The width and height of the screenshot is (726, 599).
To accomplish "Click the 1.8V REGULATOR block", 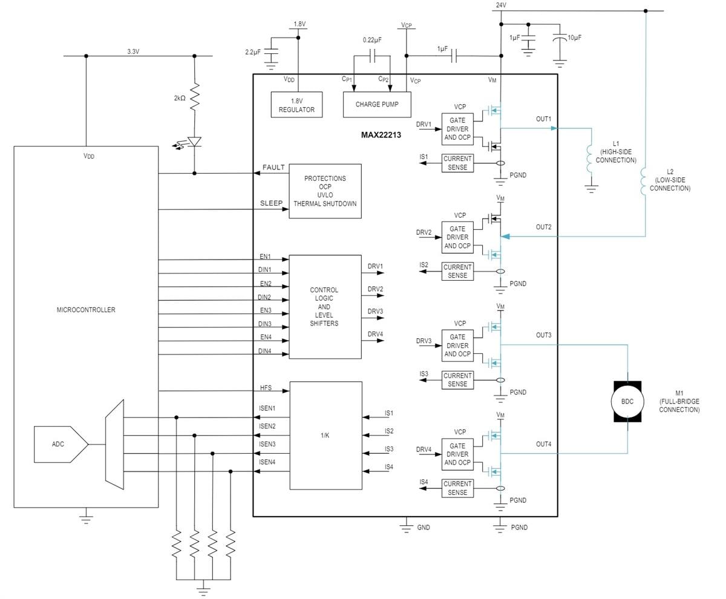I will (x=296, y=105).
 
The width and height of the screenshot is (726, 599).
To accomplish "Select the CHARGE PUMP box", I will (x=376, y=105).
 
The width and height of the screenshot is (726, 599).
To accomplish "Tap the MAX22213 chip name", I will (x=381, y=135).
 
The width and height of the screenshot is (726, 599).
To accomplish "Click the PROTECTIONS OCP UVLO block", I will (x=325, y=191).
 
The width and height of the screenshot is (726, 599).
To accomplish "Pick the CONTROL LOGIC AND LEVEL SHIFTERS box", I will (x=325, y=307).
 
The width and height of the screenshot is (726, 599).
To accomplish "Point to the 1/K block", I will (x=325, y=435).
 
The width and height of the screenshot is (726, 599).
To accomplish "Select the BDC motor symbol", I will (x=627, y=402).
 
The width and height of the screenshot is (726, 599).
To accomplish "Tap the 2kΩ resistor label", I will (x=179, y=98).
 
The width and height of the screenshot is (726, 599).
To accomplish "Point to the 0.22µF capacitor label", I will (x=372, y=40).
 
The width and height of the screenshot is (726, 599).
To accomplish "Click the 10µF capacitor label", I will (x=574, y=38).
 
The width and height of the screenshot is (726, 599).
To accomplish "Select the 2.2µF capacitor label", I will (x=253, y=53).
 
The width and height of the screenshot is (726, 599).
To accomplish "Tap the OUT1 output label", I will (x=543, y=119).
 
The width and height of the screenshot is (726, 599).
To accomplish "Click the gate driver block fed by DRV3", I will (x=457, y=345).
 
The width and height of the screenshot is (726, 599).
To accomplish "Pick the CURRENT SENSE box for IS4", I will (x=457, y=488).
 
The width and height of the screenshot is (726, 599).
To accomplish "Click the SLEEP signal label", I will (x=271, y=203).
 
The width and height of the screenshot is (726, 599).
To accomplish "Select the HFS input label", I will (x=266, y=388).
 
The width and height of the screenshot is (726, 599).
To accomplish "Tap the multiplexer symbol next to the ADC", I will (x=114, y=444).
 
